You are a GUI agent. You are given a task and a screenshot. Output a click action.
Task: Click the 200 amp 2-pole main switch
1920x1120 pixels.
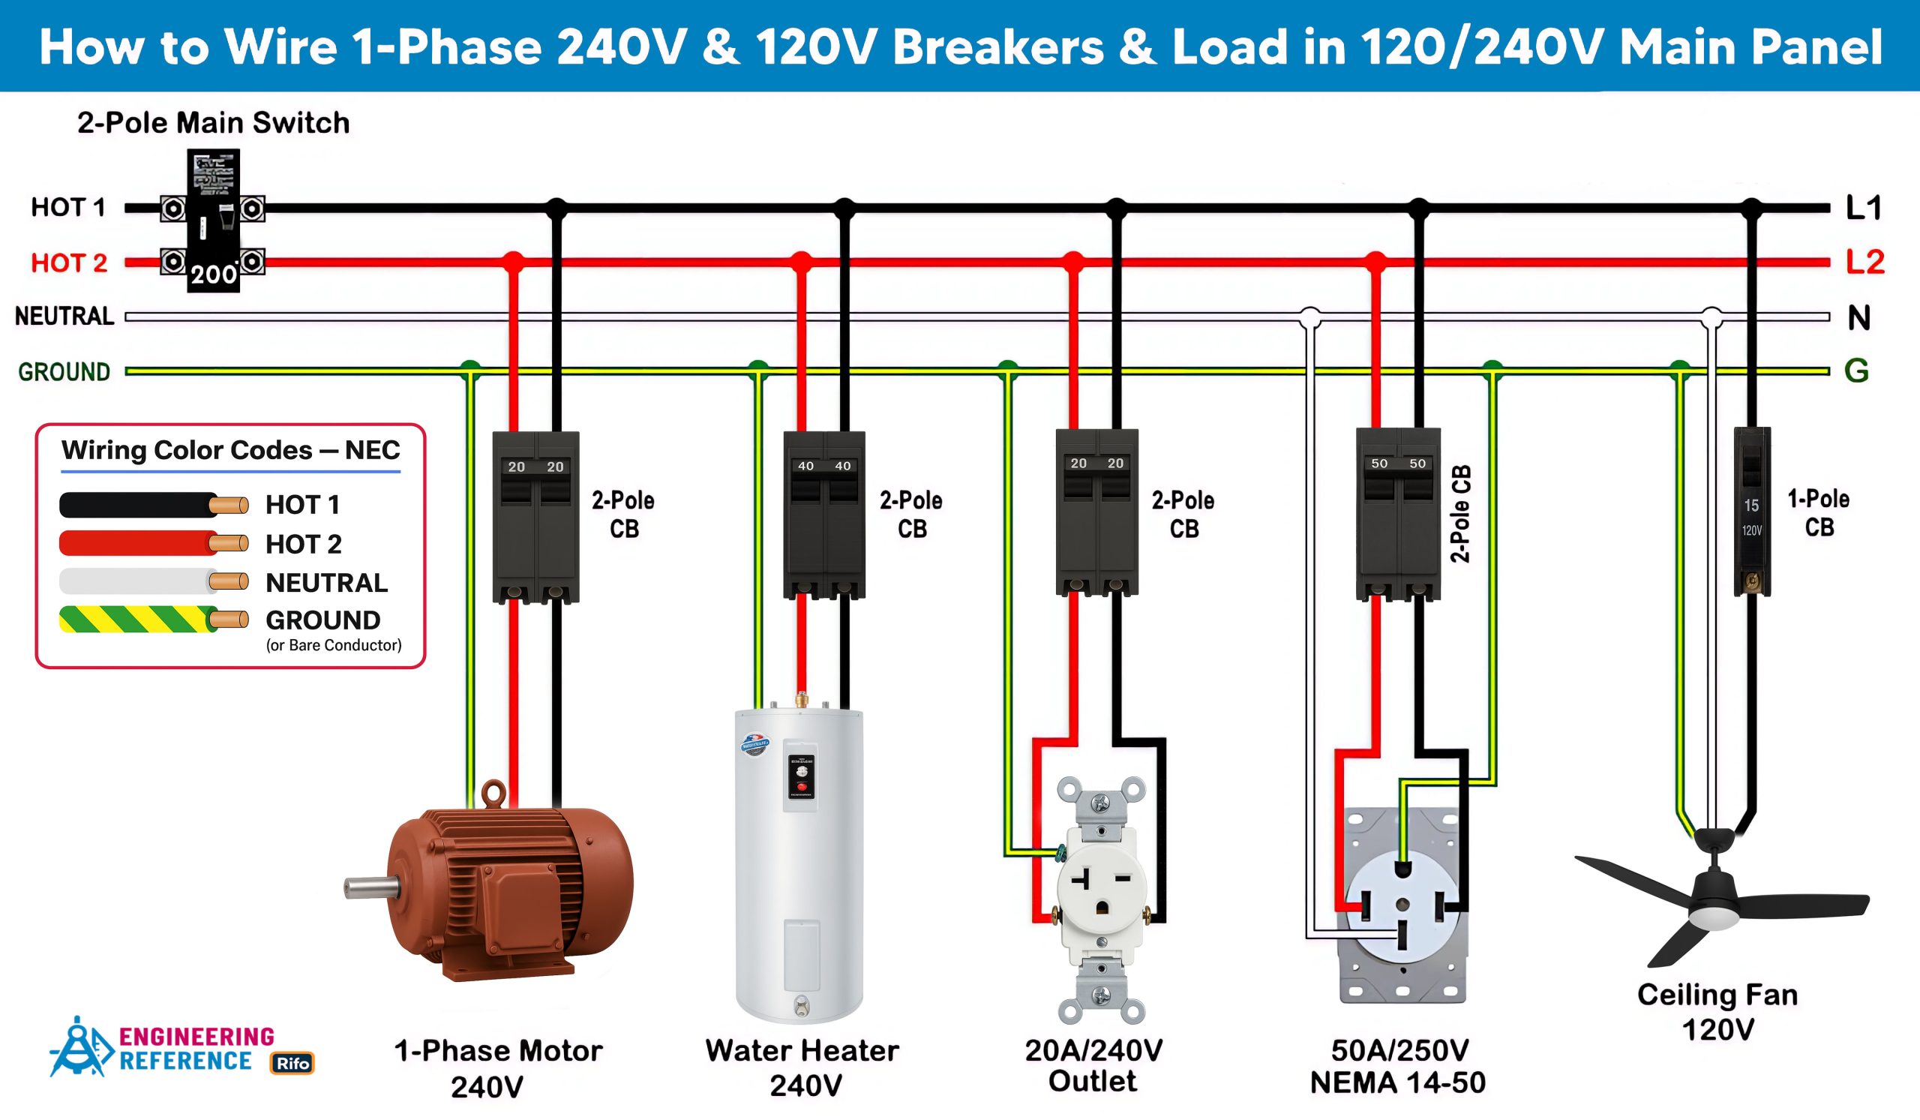[x=213, y=221]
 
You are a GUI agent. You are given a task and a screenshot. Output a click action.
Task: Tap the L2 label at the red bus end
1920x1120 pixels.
[x=1864, y=261]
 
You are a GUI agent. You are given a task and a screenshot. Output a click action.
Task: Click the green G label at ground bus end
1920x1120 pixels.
[x=1856, y=371]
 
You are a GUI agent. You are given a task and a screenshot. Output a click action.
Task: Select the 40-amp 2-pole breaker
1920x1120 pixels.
[x=823, y=515]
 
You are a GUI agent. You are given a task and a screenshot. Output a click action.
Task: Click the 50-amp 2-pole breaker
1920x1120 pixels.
[x=1398, y=515]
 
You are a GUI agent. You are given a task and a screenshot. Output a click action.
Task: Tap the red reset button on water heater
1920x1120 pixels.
[x=801, y=785]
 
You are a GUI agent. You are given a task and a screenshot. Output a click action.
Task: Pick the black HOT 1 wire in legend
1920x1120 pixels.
[x=137, y=504]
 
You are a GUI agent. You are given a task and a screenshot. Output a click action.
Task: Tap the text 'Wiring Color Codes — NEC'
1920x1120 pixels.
[x=231, y=450]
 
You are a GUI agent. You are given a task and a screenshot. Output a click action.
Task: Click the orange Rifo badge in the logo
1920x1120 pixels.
[x=292, y=1063]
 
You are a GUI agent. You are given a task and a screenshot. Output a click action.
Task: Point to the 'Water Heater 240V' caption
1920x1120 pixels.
[x=802, y=1067]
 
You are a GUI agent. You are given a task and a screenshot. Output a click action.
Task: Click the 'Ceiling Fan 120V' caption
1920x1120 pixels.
[x=1717, y=1012]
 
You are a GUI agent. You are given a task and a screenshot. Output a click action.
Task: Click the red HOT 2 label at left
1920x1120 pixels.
[x=68, y=263]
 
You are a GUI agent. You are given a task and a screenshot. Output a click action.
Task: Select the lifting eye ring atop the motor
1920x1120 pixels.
[x=493, y=792]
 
